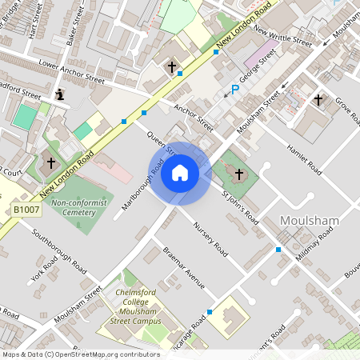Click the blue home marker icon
point(180,172)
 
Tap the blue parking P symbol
point(234,90)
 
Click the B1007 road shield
point(26,210)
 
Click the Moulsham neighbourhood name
point(311,220)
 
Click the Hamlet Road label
point(304,159)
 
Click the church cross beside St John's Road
point(238,174)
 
